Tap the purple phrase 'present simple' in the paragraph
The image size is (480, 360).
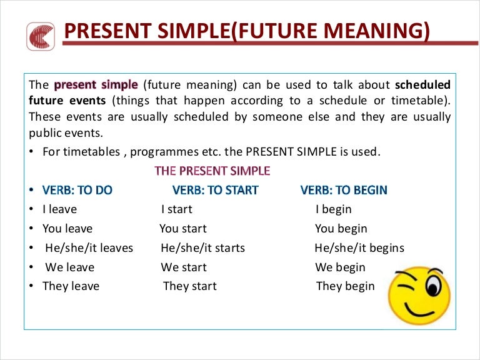click(96, 84)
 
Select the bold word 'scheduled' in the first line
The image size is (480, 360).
click(422, 84)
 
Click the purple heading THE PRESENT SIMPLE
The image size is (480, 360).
click(212, 171)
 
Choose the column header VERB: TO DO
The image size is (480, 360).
click(77, 190)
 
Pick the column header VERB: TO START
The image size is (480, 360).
click(215, 190)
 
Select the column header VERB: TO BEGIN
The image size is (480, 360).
click(344, 190)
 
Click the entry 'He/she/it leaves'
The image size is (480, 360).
click(89, 248)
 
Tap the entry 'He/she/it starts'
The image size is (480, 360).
click(202, 248)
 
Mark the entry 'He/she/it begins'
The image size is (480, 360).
click(359, 248)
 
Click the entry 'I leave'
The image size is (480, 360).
click(59, 209)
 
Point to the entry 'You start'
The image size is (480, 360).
click(182, 229)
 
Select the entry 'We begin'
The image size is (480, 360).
click(340, 267)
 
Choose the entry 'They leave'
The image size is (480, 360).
click(71, 286)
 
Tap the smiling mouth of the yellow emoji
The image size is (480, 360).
click(420, 310)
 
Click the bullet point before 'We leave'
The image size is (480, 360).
click(31, 267)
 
